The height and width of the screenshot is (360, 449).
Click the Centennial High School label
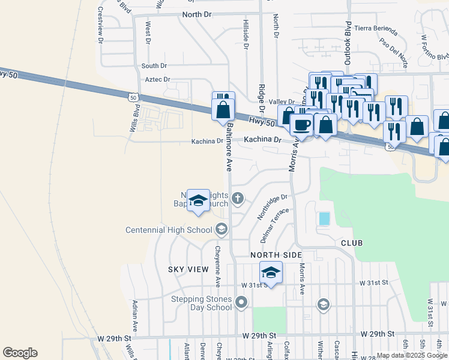(170, 230)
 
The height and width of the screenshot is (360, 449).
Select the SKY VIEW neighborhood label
(188, 270)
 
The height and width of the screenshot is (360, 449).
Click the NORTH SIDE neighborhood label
(276, 255)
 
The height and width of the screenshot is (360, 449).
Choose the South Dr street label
(154, 65)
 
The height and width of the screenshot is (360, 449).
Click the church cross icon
(238, 198)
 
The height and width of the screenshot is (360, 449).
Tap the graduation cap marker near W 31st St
(271, 273)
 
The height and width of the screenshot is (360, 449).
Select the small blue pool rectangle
(324, 218)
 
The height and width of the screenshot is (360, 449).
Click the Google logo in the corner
(20, 353)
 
